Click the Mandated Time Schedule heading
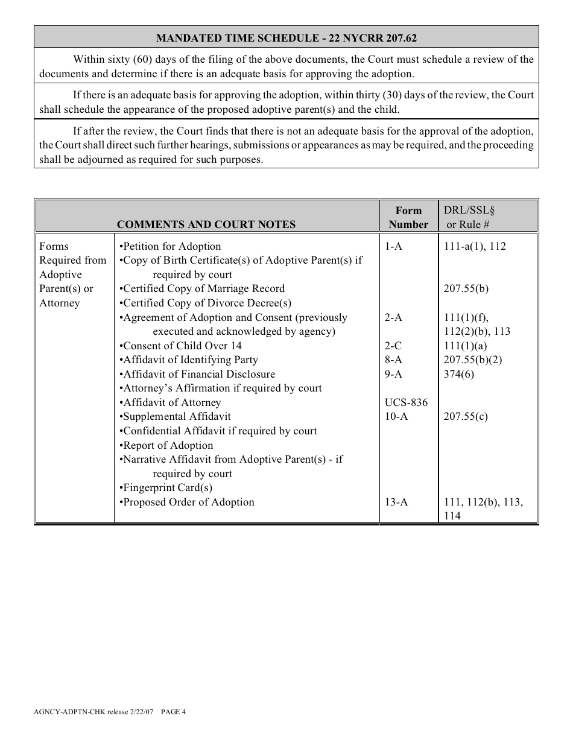286,38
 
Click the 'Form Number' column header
408,217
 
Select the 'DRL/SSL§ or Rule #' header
469,217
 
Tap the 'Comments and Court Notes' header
206,224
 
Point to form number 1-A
393,246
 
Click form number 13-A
396,502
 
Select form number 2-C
393,346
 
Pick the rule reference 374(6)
459,374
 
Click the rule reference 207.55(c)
466,416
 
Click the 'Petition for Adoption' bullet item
171,246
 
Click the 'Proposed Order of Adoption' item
188,502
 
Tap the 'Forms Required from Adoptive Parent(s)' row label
72,274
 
